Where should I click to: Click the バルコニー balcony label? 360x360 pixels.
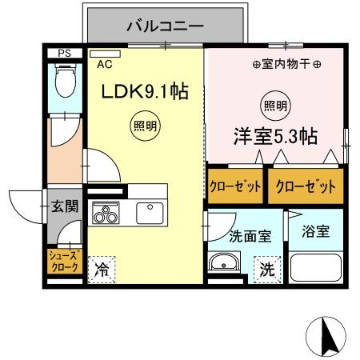coord(165,26)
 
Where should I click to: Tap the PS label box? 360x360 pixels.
coord(65,54)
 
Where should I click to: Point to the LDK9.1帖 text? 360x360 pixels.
coord(144,92)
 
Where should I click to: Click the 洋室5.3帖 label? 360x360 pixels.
coord(275,136)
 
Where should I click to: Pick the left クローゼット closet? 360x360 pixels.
coord(235,187)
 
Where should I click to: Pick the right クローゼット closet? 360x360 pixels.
coord(301,187)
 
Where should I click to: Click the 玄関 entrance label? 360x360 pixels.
coord(66,206)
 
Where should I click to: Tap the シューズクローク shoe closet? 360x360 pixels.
coord(63,261)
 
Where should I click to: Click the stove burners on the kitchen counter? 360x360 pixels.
coord(105,214)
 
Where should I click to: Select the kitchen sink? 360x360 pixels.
coord(150,213)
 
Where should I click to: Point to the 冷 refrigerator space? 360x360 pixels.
coord(102,269)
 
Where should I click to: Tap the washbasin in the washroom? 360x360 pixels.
coord(225,262)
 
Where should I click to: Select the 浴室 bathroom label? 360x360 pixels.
coord(316,232)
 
